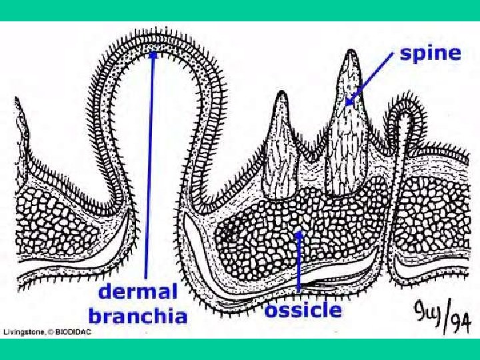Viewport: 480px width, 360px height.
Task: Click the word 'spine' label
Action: tap(430, 53)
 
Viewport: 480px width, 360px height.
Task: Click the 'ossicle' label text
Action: tap(303, 311)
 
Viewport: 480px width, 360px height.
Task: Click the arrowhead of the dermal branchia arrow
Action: tap(154, 55)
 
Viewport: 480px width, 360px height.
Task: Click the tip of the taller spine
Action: tap(349, 53)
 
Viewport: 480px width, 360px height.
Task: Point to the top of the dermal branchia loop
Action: tap(155, 37)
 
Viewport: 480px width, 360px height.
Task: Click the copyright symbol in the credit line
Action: tap(53, 332)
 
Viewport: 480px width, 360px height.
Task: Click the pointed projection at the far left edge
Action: tap(17, 107)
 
